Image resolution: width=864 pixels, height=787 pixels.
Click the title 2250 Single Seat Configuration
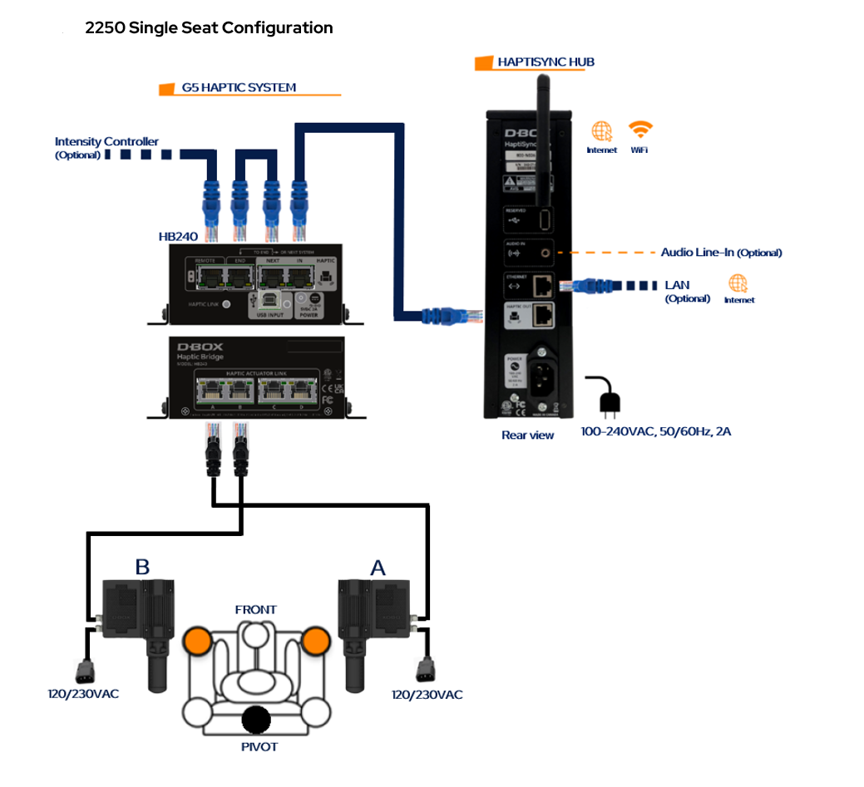[x=209, y=28]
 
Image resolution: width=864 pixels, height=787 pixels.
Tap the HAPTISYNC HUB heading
[x=546, y=61]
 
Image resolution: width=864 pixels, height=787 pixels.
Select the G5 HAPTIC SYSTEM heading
[x=239, y=87]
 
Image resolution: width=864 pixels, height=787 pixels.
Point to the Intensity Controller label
[x=106, y=142]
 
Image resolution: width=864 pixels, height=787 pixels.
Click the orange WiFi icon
[x=639, y=130]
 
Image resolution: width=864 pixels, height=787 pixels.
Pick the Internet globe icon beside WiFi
[x=601, y=131]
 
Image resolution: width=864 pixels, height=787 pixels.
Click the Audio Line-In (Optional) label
[x=721, y=253]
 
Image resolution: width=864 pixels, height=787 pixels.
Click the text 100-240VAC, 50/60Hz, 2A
[x=656, y=431]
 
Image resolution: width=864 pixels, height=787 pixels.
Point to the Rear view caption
[x=527, y=435]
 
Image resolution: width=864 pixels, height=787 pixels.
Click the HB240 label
[x=178, y=236]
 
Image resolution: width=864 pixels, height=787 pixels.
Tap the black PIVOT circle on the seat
[x=256, y=719]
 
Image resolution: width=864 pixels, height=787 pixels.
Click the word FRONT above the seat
[x=255, y=610]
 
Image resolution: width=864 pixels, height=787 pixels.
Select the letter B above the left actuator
[x=142, y=568]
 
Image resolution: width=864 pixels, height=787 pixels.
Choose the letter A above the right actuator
[x=378, y=568]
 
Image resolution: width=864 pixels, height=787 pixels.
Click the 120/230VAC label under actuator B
[x=83, y=693]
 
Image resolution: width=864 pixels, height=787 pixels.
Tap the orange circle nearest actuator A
[x=316, y=640]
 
